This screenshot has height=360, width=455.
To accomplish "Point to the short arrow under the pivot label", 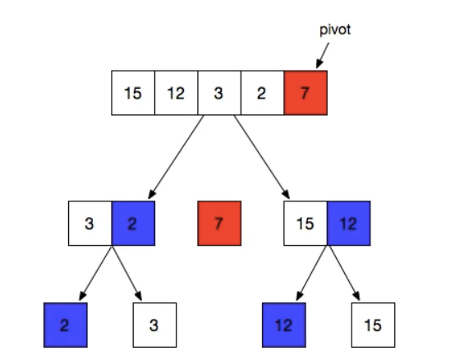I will click(x=321, y=55).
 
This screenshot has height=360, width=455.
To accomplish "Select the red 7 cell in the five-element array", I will click(x=306, y=93).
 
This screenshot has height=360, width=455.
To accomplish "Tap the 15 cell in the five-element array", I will click(x=133, y=93).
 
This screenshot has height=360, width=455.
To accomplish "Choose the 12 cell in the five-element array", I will click(x=176, y=93).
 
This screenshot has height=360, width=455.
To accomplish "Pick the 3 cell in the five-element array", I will click(x=218, y=93).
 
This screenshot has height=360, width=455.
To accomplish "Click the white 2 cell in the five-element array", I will click(x=261, y=93).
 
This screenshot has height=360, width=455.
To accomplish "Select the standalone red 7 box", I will click(x=219, y=224).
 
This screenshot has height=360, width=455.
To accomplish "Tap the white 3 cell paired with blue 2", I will click(x=90, y=224).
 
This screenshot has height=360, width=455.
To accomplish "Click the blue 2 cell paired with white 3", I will click(x=132, y=224).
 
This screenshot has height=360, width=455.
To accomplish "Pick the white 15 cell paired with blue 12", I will click(x=305, y=224).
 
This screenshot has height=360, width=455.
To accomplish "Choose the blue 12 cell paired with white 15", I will click(x=347, y=224).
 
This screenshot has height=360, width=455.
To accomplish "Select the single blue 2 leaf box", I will click(x=65, y=324).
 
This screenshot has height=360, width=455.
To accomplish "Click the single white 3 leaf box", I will click(x=154, y=324).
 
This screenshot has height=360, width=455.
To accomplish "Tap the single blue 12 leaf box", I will click(x=283, y=324).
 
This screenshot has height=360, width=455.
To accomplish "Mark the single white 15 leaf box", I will click(x=372, y=324).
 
